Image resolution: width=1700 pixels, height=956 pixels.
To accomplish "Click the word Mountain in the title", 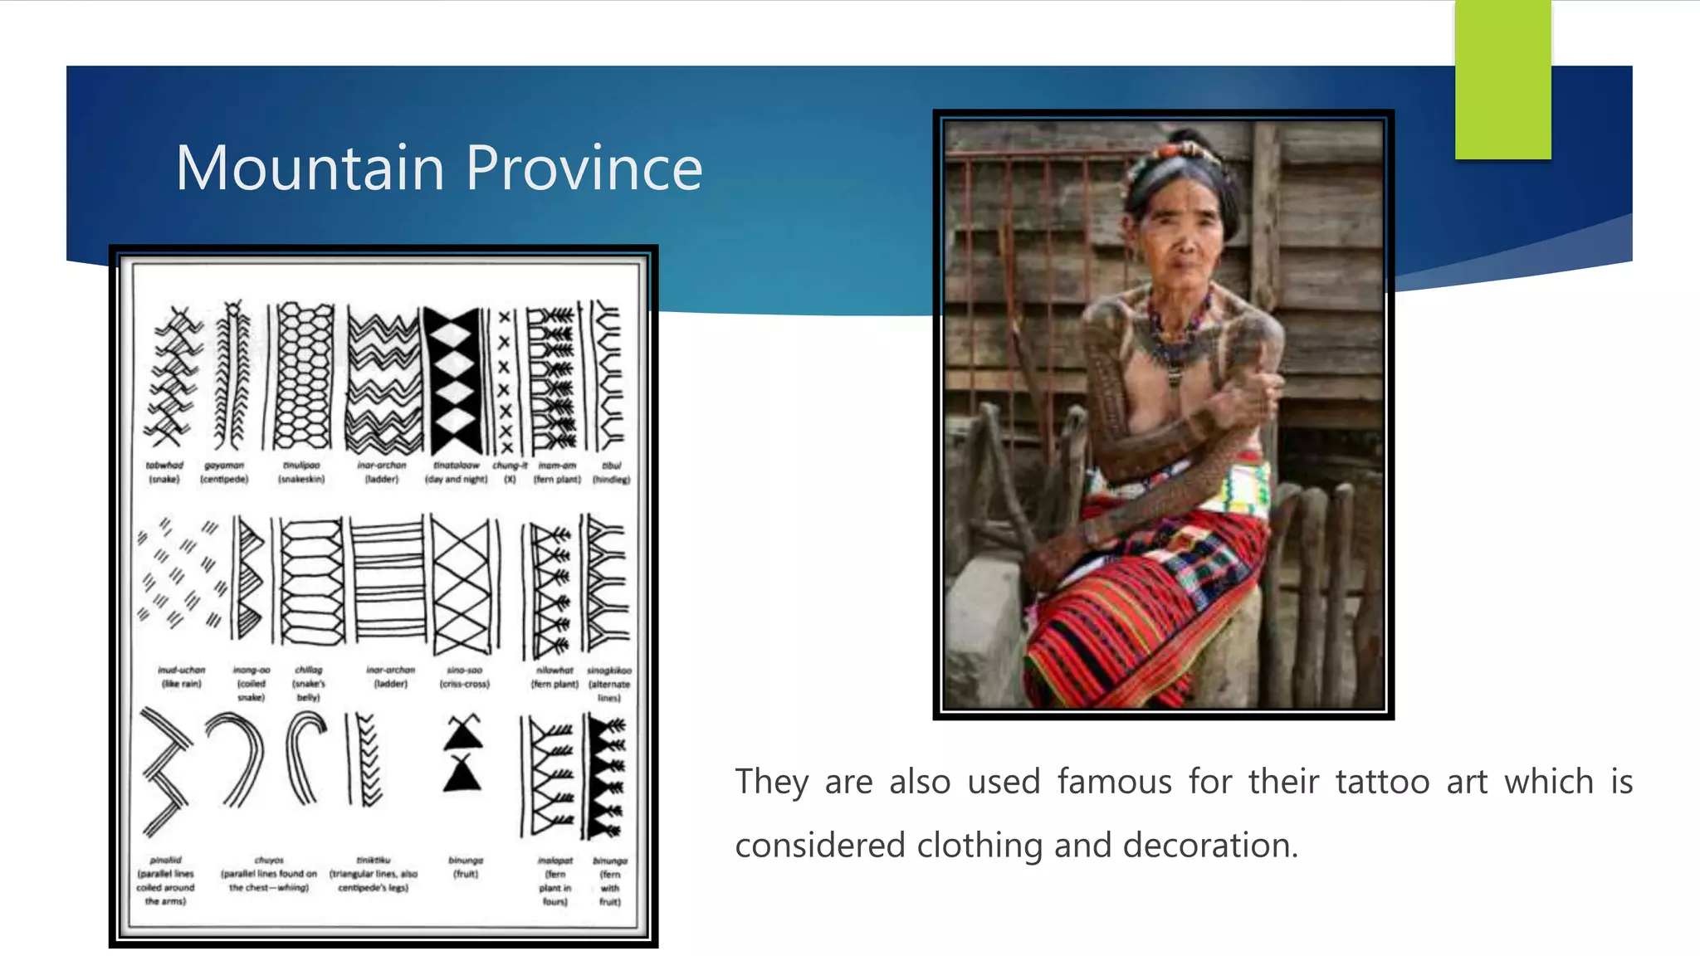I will (x=310, y=168).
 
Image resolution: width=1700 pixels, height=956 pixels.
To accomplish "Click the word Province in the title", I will (x=584, y=168).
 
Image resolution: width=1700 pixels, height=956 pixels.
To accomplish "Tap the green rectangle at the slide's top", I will (x=1502, y=79).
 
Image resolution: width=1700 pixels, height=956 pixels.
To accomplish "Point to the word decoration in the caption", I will (x=1209, y=846).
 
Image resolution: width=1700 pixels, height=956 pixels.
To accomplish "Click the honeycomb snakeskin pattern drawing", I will (x=303, y=376).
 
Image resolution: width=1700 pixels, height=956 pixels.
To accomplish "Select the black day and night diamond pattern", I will (x=453, y=379).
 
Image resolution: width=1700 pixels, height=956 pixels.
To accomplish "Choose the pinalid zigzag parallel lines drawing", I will (x=165, y=772).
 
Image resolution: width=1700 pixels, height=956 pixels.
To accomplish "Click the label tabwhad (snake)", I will (x=164, y=472).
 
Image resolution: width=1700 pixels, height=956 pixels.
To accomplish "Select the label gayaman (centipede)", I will (x=224, y=472).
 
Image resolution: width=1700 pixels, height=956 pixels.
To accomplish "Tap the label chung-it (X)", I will (x=510, y=472).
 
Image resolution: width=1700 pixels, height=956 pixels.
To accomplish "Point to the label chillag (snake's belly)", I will (x=309, y=683).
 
